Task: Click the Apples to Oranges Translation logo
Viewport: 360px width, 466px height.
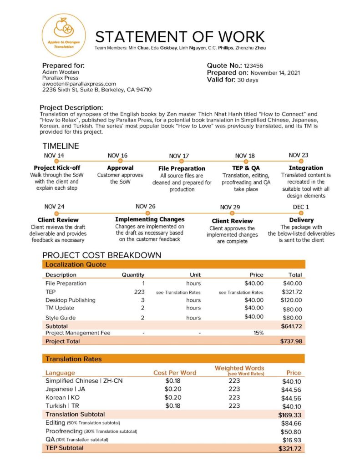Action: (x=64, y=35)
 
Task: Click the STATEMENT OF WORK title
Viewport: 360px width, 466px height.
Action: (x=180, y=37)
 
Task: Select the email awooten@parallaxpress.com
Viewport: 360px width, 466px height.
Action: (x=79, y=84)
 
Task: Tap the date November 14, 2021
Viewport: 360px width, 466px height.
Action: (x=275, y=73)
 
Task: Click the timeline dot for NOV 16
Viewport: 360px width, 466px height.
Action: (x=120, y=161)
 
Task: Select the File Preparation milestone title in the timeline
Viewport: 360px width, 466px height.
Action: (x=182, y=168)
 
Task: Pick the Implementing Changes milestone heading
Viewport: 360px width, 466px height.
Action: (x=150, y=219)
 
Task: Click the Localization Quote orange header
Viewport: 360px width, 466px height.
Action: (x=173, y=264)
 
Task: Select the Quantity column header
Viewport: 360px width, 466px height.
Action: (x=133, y=275)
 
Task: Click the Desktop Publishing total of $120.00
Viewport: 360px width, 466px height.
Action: (x=292, y=300)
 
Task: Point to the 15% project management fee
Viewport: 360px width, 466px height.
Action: (x=259, y=333)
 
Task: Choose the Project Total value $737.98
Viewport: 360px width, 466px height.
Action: (x=291, y=341)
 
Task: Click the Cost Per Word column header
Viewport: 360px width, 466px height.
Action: (x=175, y=373)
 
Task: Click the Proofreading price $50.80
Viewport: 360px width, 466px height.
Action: (x=292, y=431)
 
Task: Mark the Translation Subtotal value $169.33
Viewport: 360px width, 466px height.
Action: (x=290, y=415)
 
